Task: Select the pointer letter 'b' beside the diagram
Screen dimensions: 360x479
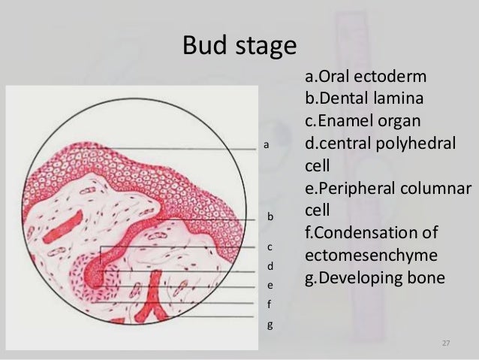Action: (270, 216)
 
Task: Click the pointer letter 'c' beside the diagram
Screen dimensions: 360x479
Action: (270, 247)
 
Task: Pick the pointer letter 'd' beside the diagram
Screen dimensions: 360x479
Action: (270, 266)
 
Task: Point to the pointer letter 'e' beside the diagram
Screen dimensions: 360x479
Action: (270, 286)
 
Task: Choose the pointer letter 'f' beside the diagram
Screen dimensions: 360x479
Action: (270, 305)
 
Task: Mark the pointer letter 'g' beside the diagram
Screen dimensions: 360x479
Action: (270, 326)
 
